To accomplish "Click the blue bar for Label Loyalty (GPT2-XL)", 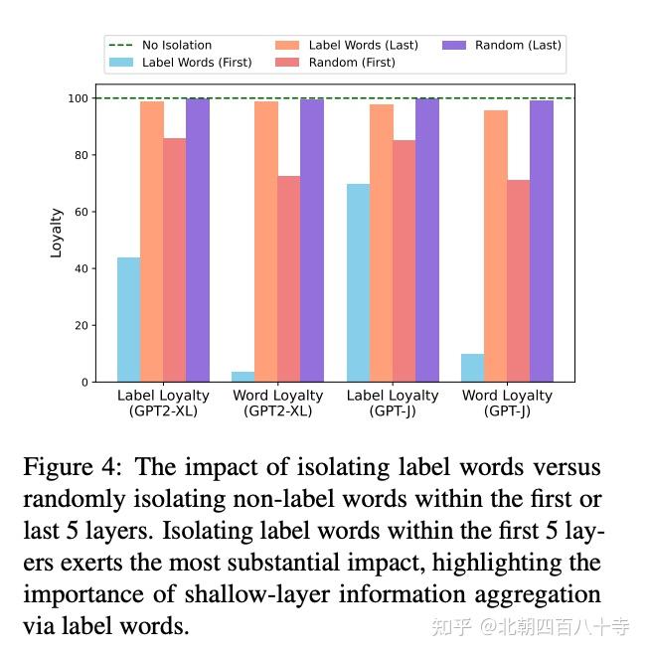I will pyautogui.click(x=128, y=319).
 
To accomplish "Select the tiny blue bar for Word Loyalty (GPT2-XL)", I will pyautogui.click(x=243, y=377).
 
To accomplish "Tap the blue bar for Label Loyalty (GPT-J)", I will pyautogui.click(x=358, y=282).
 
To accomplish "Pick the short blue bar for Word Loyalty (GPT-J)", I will pyautogui.click(x=473, y=368).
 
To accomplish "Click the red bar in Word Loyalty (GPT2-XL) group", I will pyautogui.click(x=289, y=278).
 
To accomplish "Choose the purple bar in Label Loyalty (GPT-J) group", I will pyautogui.click(x=427, y=240).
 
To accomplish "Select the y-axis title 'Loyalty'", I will pyautogui.click(x=57, y=233).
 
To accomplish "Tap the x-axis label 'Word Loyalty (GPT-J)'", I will pyautogui.click(x=507, y=403).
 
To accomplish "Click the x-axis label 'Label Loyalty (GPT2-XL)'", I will pyautogui.click(x=164, y=403).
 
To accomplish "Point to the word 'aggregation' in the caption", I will pyautogui.click(x=538, y=594).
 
